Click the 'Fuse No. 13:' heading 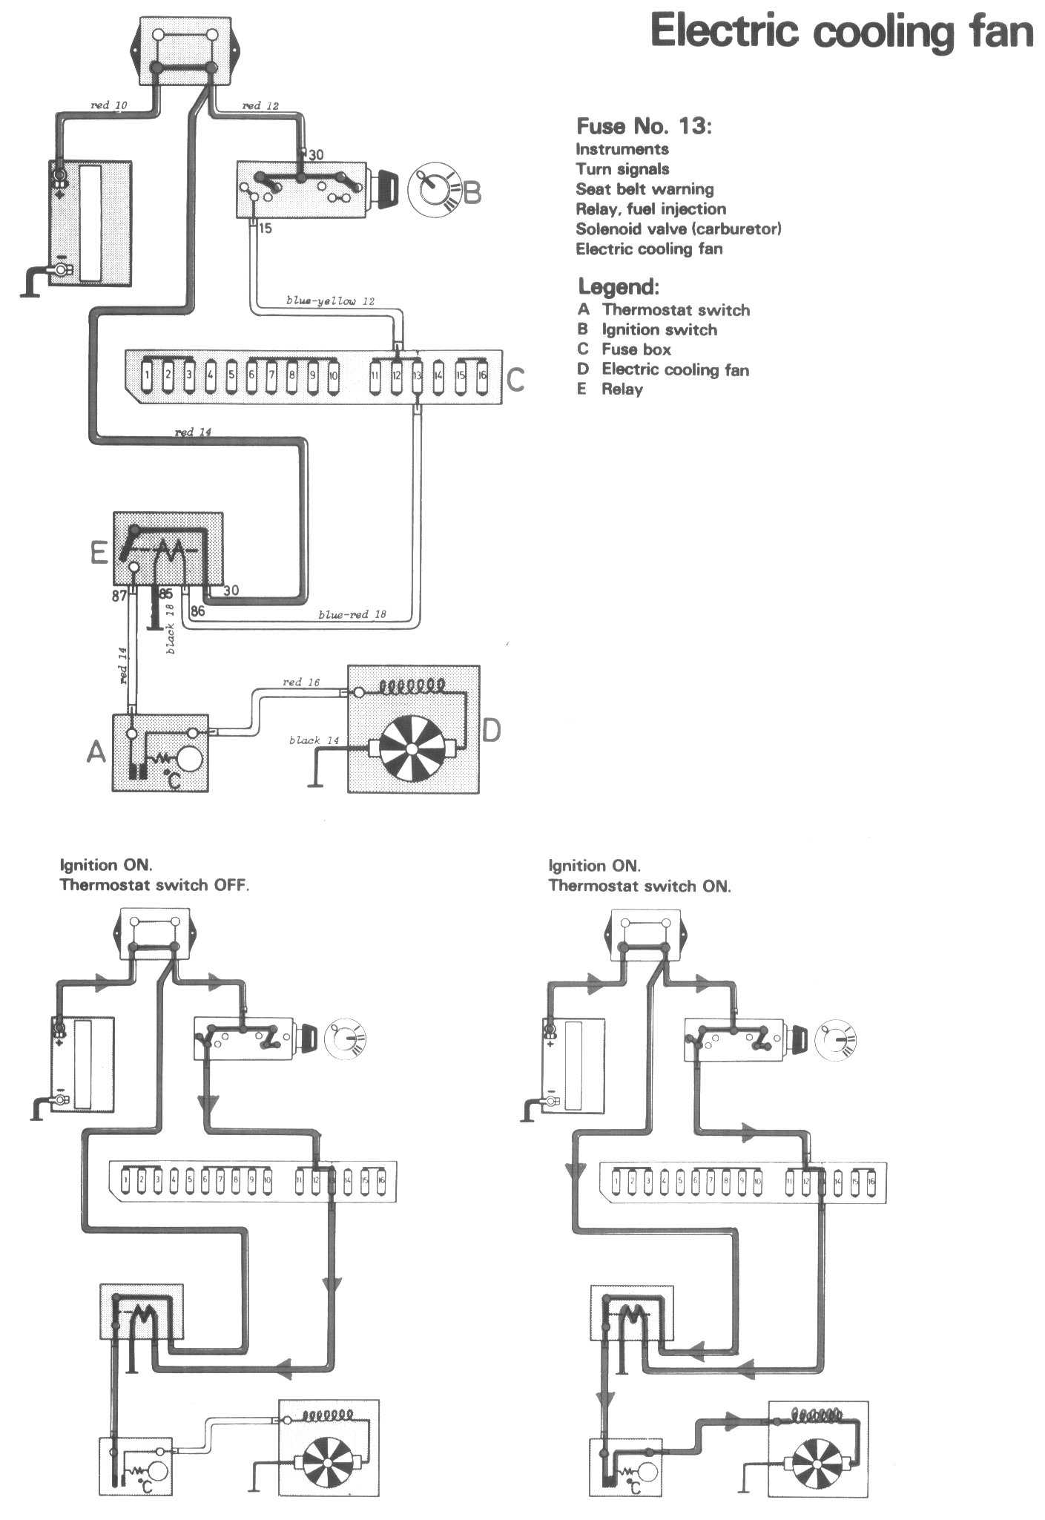[x=644, y=126]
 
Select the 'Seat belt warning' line [x=645, y=189]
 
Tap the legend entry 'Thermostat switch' [x=675, y=310]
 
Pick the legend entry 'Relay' [x=622, y=389]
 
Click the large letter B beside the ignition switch [x=472, y=193]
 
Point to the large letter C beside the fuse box [x=515, y=381]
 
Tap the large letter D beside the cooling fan [x=492, y=731]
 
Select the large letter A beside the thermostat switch [x=96, y=753]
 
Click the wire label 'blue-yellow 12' [x=330, y=301]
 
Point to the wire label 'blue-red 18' [x=352, y=614]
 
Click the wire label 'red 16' [x=301, y=682]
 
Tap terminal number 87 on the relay [x=119, y=595]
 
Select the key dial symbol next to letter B [x=431, y=190]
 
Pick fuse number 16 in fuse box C [x=481, y=375]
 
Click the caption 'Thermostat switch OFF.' [x=154, y=885]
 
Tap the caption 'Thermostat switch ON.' [x=639, y=886]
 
